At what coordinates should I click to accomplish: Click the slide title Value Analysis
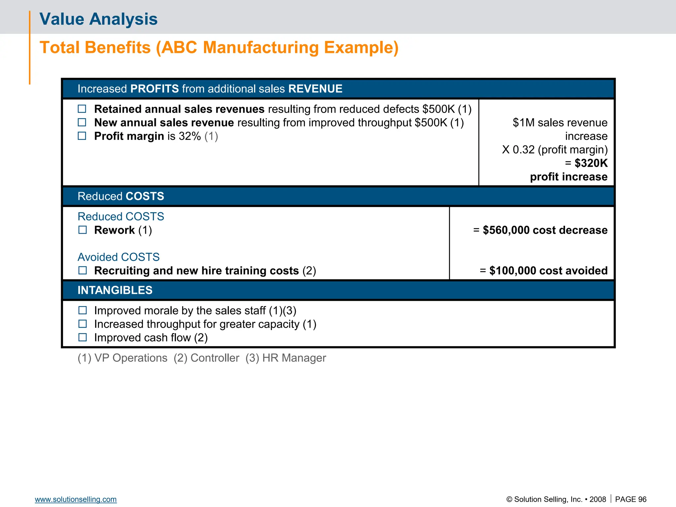point(98,19)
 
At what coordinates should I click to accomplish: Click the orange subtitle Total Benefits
point(219,48)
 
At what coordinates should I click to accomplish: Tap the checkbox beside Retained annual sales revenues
point(82,109)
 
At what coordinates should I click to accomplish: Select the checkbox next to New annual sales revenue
point(82,122)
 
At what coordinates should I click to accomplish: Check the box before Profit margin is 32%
point(82,136)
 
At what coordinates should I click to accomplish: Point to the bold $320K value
point(591,163)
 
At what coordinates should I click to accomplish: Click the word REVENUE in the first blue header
point(315,89)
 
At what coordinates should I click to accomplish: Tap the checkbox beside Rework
point(83,230)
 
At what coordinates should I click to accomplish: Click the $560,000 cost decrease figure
point(545,230)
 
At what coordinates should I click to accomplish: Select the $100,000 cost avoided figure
point(548,271)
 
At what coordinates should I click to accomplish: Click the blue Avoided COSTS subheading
point(118,257)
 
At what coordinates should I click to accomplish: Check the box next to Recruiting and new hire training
point(83,271)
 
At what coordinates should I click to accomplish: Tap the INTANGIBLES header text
point(115,290)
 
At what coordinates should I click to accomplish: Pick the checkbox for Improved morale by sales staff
point(83,310)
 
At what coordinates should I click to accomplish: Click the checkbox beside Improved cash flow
point(83,337)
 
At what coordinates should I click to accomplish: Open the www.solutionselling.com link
point(76,499)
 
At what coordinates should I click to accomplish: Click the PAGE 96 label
point(630,499)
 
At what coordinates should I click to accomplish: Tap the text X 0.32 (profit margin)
point(555,150)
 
